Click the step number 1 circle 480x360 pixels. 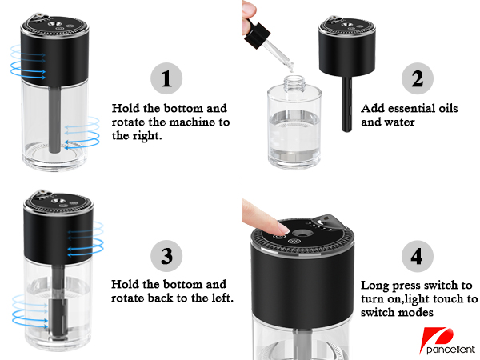[166, 78]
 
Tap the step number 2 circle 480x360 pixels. [418, 78]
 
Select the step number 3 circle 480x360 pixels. [166, 256]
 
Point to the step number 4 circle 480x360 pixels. [418, 256]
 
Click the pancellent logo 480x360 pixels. [447, 342]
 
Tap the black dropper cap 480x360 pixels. [257, 35]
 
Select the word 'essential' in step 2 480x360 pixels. [409, 108]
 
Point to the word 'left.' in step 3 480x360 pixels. [222, 298]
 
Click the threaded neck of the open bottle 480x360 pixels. [294, 83]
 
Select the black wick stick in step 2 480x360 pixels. [347, 104]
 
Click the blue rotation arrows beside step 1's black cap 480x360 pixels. [28, 62]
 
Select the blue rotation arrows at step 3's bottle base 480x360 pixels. [30, 312]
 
